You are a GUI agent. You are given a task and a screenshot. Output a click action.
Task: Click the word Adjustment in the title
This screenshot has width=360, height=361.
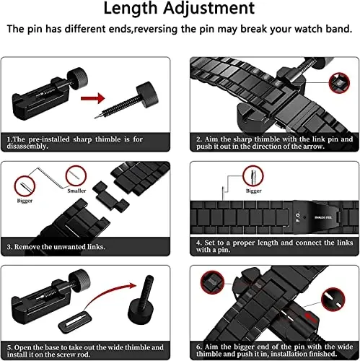coord(219,10)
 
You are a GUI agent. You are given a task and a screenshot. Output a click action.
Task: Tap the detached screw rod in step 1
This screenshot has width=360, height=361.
coord(137,96)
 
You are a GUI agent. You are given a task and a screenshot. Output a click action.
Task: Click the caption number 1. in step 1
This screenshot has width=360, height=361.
coord(9,137)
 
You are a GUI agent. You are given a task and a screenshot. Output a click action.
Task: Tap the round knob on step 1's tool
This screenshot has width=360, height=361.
coord(71,75)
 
